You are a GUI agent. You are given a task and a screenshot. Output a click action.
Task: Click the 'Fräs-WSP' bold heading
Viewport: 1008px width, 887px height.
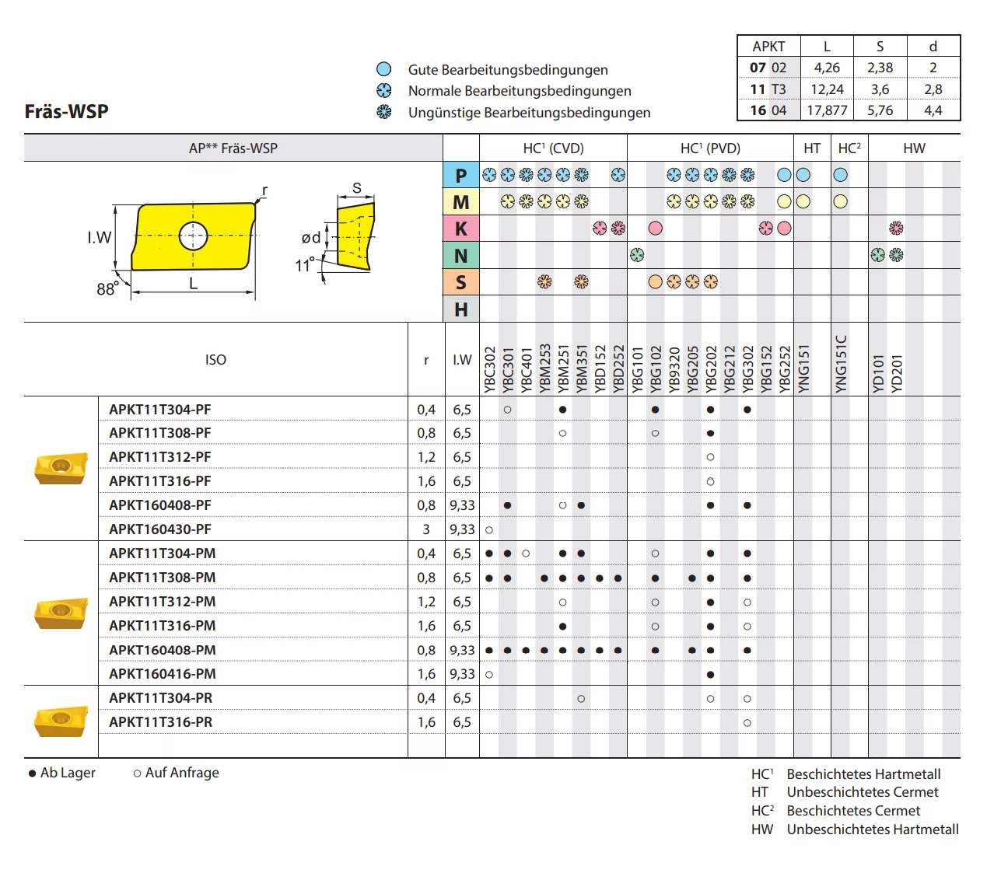pyautogui.click(x=67, y=111)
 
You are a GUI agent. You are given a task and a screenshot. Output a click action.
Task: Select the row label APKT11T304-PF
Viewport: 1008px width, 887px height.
pyautogui.click(x=159, y=410)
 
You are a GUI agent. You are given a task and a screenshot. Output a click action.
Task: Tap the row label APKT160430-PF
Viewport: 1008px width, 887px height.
pyautogui.click(x=159, y=529)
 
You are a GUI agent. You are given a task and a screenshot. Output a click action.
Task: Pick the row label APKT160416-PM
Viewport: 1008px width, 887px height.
pyautogui.click(x=163, y=674)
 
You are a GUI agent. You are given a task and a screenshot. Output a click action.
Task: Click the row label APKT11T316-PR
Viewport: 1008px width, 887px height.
pyautogui.click(x=160, y=722)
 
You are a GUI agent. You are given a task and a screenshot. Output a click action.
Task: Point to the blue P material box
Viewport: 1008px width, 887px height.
pyautogui.click(x=460, y=175)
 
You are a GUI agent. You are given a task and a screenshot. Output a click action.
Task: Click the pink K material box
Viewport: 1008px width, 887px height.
pyautogui.click(x=460, y=229)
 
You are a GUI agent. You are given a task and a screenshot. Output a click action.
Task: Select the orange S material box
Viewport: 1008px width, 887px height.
pyautogui.click(x=460, y=282)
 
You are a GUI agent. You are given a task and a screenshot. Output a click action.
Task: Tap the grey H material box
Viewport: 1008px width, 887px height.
pyautogui.click(x=460, y=309)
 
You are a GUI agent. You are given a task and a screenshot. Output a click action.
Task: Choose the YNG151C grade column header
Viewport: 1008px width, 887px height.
pyautogui.click(x=840, y=364)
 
